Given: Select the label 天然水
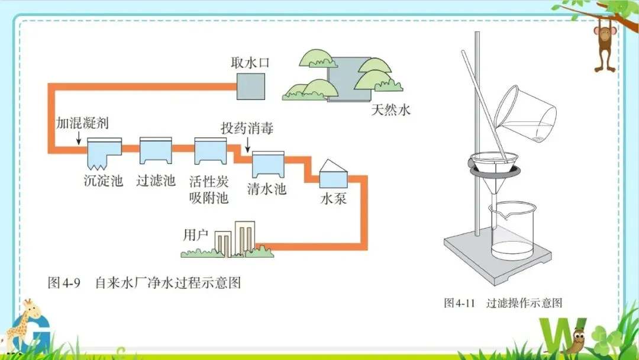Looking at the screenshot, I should [390, 110].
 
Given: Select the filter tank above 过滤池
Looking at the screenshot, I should [156, 152].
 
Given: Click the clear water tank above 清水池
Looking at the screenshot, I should [267, 164].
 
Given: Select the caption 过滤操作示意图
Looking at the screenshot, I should [524, 303].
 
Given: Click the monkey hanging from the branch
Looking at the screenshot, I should [605, 44].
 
